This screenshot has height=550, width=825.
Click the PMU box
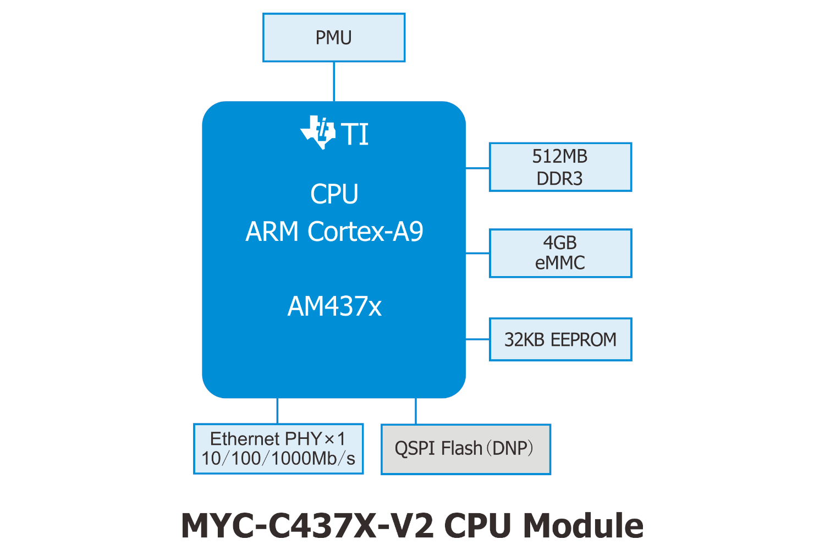(334, 37)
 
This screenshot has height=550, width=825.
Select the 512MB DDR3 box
(560, 167)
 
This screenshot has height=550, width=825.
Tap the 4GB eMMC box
(560, 253)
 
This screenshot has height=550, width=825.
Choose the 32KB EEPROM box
(560, 339)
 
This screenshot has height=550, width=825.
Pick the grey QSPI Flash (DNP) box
(465, 449)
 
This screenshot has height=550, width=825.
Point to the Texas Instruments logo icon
(318, 133)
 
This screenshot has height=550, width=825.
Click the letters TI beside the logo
(355, 134)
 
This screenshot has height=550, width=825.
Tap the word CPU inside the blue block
(334, 194)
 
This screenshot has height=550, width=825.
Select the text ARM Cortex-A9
(334, 232)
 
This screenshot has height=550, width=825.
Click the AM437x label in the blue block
(334, 306)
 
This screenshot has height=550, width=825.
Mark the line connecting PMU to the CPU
(334, 81)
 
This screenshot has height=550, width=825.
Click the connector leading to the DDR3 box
(477, 168)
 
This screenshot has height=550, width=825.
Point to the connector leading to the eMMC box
(477, 254)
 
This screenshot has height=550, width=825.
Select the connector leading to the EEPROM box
(477, 339)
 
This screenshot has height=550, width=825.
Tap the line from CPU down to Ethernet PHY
(277, 411)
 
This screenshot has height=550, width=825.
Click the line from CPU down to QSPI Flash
(416, 411)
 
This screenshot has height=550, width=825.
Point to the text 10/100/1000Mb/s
(278, 459)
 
